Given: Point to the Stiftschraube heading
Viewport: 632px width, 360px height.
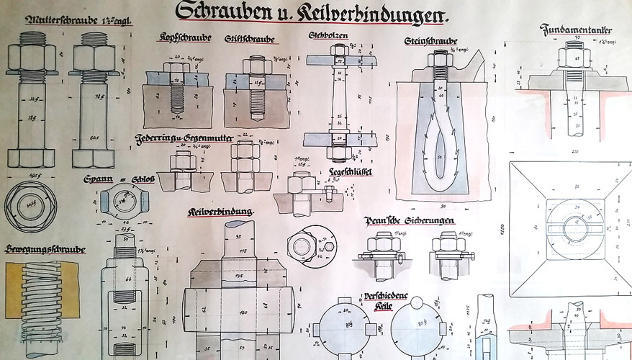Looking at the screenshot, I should click(x=248, y=38).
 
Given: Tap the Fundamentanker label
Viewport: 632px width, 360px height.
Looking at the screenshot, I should click(x=576, y=30).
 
